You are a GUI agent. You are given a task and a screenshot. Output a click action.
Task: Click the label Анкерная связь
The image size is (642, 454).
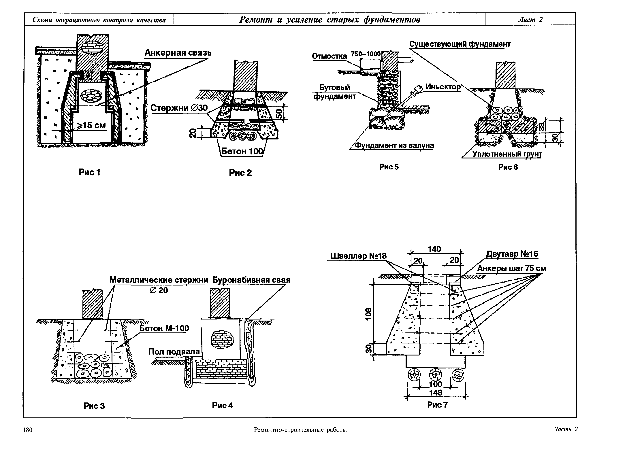(x=178, y=53)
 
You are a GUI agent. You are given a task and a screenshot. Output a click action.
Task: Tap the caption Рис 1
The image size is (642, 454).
(x=89, y=172)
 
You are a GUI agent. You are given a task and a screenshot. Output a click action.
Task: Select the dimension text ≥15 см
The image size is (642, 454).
(x=91, y=125)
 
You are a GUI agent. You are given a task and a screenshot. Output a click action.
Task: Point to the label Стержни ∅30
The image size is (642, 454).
(x=179, y=108)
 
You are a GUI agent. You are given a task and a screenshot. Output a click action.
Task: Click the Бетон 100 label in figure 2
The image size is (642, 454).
(x=242, y=151)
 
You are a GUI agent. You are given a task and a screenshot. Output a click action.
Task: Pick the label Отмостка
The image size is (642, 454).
(x=329, y=56)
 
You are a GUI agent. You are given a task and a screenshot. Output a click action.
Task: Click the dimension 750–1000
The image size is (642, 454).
(x=366, y=54)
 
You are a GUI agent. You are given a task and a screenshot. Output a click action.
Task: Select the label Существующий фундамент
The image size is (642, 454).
(x=460, y=44)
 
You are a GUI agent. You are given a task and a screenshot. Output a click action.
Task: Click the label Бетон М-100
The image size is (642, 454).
(x=164, y=328)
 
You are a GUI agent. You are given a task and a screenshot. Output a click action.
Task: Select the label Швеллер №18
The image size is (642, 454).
(x=358, y=256)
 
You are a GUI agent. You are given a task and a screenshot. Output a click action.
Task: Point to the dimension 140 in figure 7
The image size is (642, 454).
(x=434, y=249)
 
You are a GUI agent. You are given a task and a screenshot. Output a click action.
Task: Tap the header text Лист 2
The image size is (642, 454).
(x=530, y=20)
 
